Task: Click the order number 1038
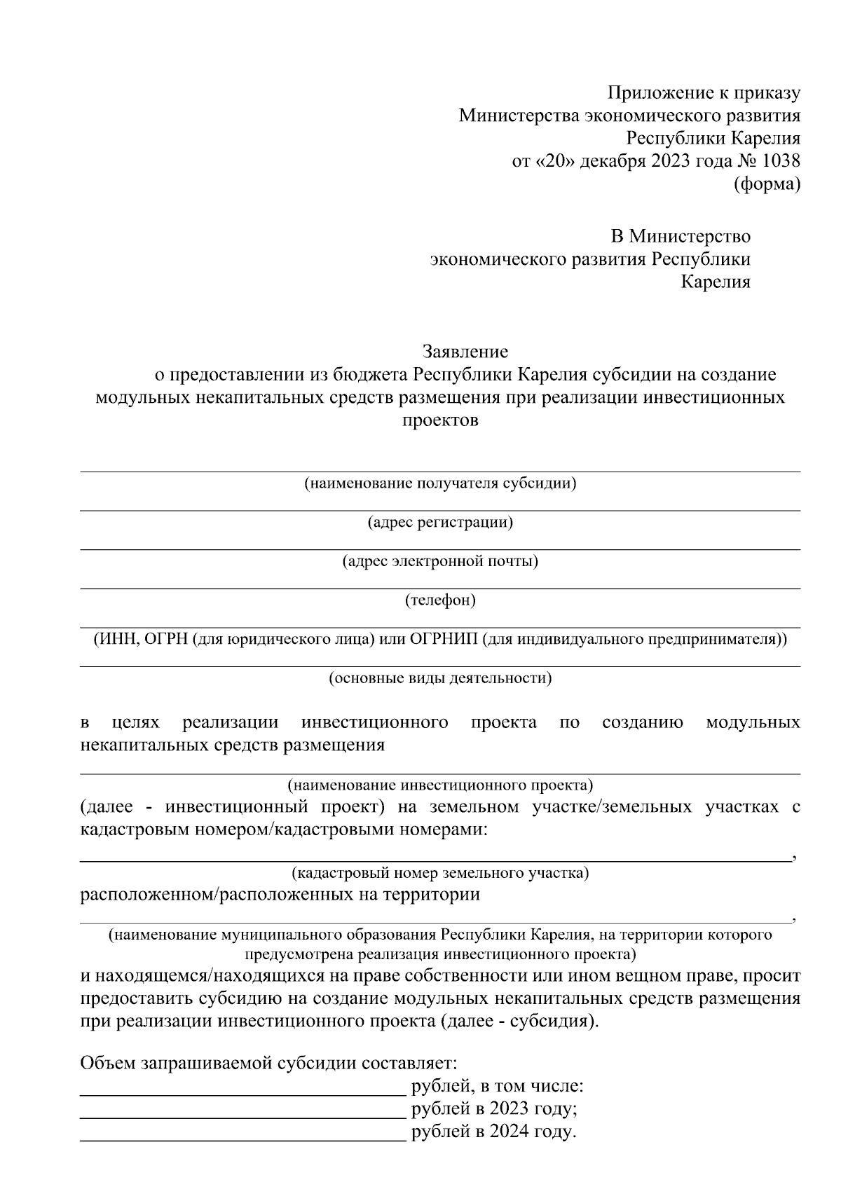[x=777, y=161]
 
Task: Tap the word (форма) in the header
[x=766, y=184]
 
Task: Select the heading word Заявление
[x=465, y=350]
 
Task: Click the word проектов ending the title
[x=440, y=420]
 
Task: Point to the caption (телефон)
[x=440, y=600]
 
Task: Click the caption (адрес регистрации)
[x=440, y=523]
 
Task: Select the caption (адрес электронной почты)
[x=440, y=561]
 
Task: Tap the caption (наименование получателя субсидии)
[x=440, y=483]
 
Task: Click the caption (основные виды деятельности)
[x=440, y=678]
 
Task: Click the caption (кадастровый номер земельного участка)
[x=440, y=873]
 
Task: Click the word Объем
[x=108, y=1064]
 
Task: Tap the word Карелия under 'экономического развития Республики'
[x=716, y=282]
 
